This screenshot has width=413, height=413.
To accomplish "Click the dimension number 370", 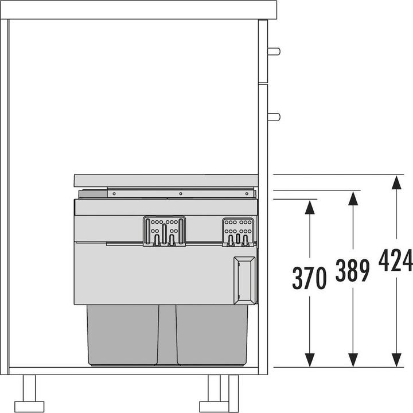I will tap(310, 278).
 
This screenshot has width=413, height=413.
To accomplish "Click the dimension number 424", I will tap(395, 262).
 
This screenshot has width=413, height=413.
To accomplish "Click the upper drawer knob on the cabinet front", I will tap(274, 51).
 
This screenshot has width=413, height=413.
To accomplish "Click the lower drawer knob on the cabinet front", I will tap(274, 117).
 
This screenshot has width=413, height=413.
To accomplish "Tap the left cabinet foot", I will tap(29, 390).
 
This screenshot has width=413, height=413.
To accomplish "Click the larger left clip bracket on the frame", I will tap(164, 231).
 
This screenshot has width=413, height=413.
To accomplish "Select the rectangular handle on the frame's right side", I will tap(243, 280).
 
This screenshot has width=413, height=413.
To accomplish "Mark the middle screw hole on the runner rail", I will tap(180, 194).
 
